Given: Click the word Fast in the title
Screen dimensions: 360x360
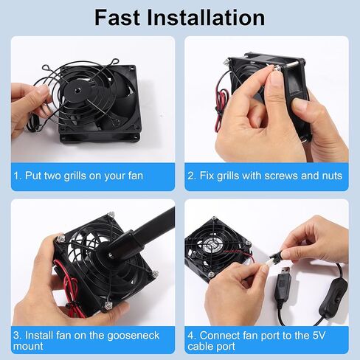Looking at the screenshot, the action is [117, 18].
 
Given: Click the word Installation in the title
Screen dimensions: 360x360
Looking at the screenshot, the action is [206, 18].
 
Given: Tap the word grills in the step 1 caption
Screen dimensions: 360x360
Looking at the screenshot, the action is [75, 176].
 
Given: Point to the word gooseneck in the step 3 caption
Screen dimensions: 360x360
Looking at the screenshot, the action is [134, 336].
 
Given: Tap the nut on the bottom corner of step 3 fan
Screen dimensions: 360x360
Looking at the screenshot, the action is [108, 306].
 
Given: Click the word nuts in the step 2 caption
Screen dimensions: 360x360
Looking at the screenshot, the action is [332, 176].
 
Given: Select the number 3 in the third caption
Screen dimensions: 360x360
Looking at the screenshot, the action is [16, 336].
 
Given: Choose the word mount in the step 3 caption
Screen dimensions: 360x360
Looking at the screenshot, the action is [28, 347].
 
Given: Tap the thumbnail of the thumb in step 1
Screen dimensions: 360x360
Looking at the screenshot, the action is [42, 90].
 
